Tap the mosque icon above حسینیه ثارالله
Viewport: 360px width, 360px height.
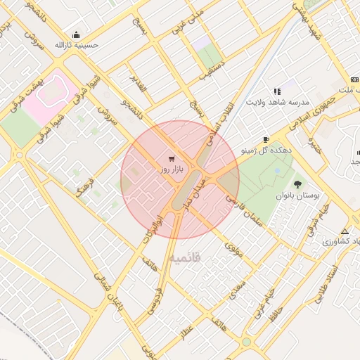coord(76,35)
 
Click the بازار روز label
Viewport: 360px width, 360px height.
coord(171,169)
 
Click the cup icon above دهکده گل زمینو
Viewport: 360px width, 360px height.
coord(266,139)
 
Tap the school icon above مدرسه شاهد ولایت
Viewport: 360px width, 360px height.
coord(277,91)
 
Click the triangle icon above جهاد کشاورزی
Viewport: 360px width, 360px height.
coord(345,231)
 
